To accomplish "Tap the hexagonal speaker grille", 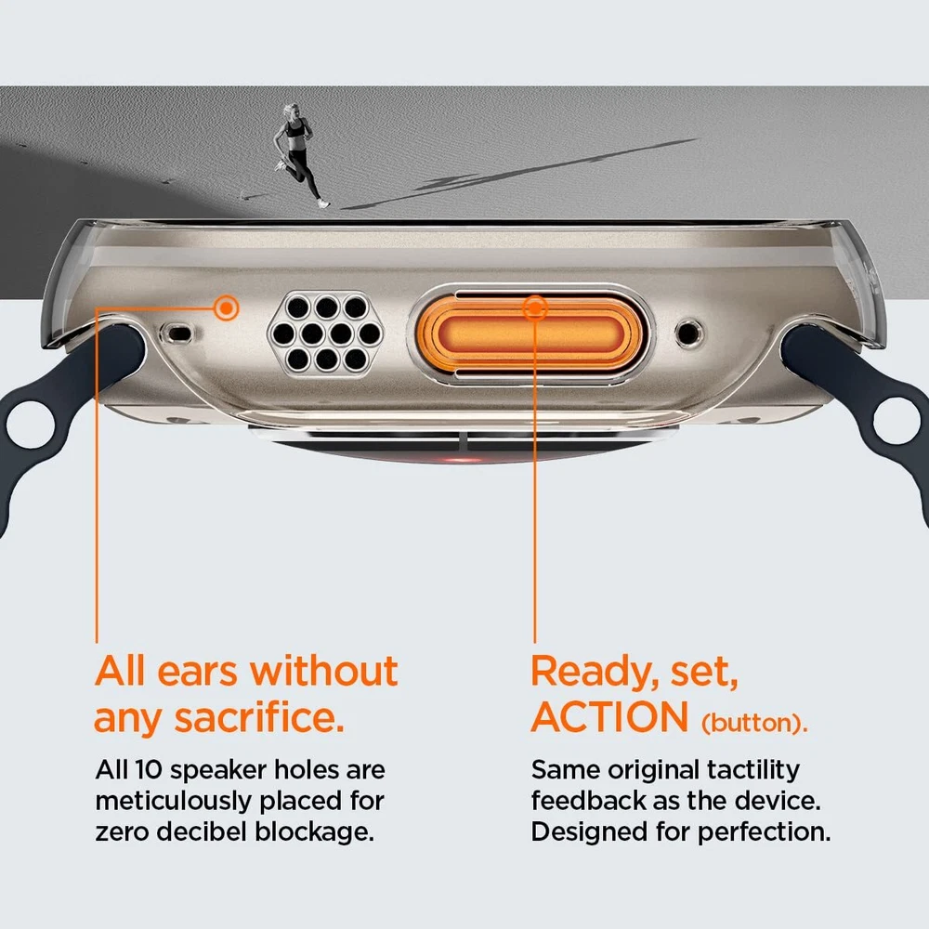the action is point(325,333).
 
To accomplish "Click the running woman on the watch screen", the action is point(300,155).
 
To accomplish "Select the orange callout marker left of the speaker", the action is point(226,307).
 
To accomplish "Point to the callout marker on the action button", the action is point(535,308).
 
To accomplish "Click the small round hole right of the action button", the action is point(689,333).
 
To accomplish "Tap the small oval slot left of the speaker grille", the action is point(177,334).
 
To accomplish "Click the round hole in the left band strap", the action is point(31,425).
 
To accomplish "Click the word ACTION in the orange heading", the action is point(609,717).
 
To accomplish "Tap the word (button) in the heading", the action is point(754,723).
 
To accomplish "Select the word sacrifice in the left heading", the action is point(259,718).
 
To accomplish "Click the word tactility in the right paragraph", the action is point(753,771).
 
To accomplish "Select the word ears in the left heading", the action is point(197,673).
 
